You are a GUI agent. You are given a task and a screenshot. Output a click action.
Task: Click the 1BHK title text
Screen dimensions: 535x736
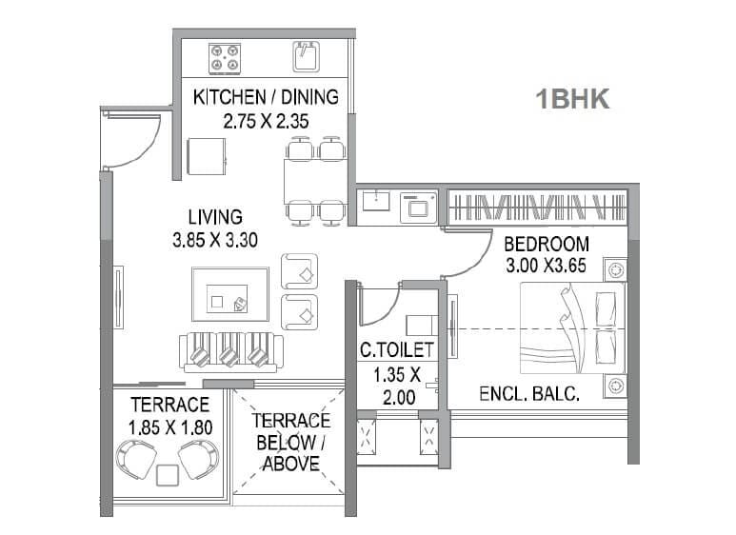coord(572,99)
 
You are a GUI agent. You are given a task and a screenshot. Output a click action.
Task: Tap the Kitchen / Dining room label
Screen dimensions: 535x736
coord(266,97)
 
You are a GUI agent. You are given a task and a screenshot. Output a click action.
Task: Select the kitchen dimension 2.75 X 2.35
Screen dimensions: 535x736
coord(266,121)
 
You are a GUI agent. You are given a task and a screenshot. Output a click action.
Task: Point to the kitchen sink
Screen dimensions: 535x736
coord(306,57)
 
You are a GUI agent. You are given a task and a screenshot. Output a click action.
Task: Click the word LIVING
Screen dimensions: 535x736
coord(214,217)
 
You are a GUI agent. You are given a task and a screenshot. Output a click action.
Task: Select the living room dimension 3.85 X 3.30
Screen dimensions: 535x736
coord(214,241)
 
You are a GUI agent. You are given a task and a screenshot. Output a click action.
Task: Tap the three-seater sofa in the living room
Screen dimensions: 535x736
coord(228,353)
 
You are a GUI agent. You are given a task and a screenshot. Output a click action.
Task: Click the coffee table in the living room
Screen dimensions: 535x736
coord(229,294)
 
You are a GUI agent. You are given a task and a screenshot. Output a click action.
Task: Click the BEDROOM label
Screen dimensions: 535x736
coord(547,244)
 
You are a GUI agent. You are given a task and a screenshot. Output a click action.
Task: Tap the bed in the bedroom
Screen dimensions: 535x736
coord(572,328)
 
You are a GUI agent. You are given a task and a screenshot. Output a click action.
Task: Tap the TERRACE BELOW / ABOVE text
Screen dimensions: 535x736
coord(290,442)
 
